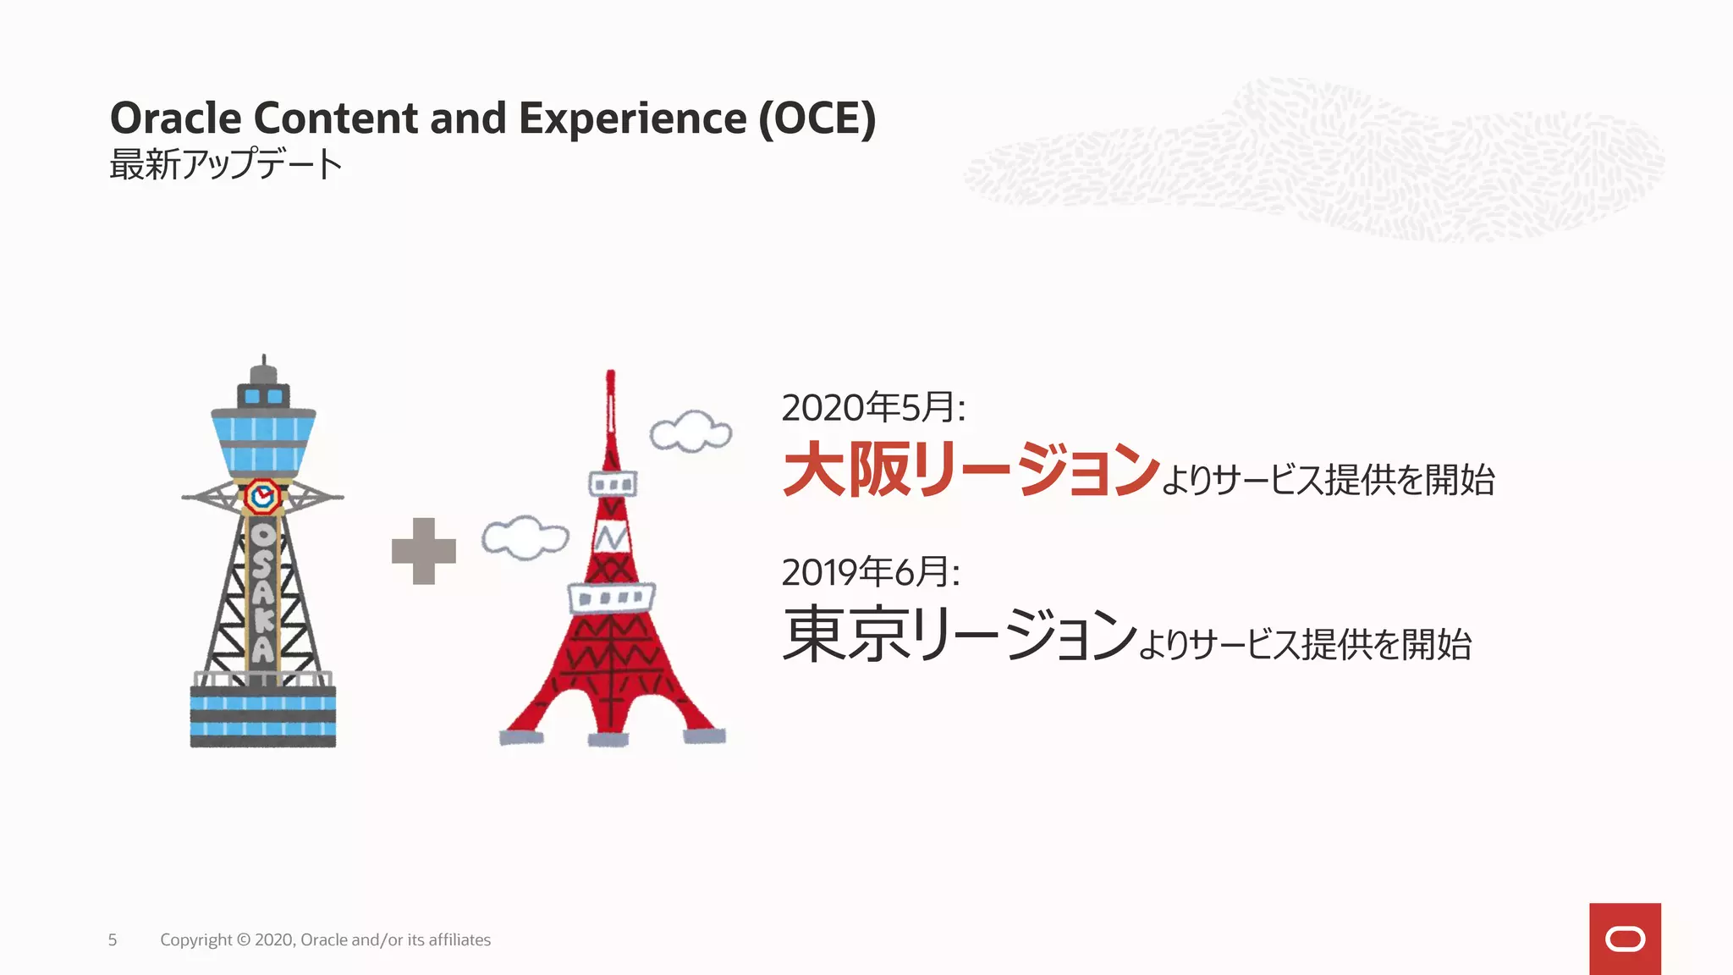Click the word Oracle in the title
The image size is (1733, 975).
pos(175,118)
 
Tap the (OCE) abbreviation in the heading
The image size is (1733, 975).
pos(817,118)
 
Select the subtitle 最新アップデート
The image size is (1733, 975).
pos(225,164)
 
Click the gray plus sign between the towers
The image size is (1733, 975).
pos(424,551)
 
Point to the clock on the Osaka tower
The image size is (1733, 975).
pos(262,497)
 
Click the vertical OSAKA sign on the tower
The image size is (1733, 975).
pos(263,592)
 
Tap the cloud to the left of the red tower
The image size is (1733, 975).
pos(525,537)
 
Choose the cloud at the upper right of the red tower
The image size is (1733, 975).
pos(690,432)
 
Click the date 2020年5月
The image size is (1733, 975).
pos(872,408)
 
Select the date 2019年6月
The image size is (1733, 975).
pos(870,573)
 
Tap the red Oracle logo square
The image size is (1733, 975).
pos(1625,939)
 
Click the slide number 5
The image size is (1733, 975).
pos(113,940)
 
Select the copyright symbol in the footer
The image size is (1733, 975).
pos(244,940)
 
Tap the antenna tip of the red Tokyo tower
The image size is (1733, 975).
pos(610,375)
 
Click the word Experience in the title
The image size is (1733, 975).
pos(633,118)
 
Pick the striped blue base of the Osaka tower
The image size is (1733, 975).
pos(263,716)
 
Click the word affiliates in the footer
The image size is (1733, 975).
pos(459,940)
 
